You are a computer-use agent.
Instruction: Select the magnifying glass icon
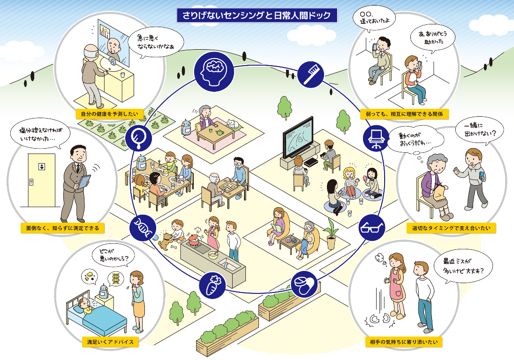pos(140,138)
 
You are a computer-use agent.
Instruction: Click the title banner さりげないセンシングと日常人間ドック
pos(257,15)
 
